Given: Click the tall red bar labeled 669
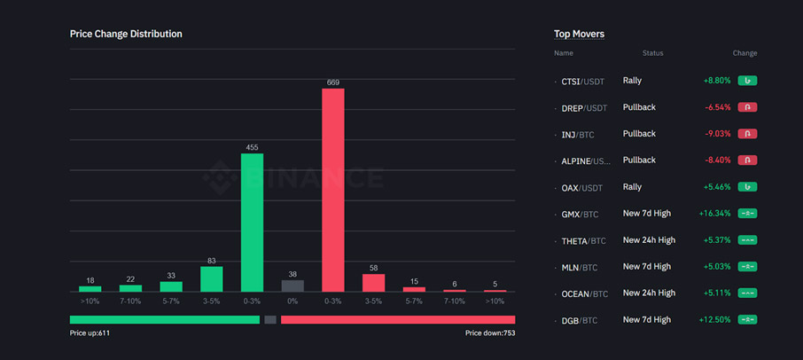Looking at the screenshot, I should click(333, 190).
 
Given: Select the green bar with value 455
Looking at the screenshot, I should click(253, 223).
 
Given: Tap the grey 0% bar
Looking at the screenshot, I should click(292, 286).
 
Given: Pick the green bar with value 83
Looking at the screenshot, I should click(212, 279).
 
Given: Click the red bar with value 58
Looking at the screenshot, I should click(374, 283).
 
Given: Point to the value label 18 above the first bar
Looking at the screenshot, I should click(90, 280).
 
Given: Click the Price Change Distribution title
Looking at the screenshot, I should click(126, 34).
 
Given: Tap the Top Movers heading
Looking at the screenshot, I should click(579, 34).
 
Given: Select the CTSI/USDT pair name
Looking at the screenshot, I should click(582, 81).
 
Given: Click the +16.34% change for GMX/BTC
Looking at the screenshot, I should click(714, 214).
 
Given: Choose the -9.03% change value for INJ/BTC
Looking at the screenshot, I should click(717, 134).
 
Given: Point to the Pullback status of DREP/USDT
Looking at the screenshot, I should click(639, 107).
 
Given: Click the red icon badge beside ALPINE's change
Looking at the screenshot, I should click(747, 160).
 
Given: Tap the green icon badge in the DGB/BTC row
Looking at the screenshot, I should click(747, 319).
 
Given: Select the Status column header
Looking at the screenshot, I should click(652, 53).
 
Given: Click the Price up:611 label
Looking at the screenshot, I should click(90, 333).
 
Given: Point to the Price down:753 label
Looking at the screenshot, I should click(490, 333).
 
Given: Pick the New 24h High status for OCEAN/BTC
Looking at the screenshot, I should click(649, 293).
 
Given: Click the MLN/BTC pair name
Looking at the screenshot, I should click(579, 267).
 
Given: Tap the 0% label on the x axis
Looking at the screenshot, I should click(292, 301).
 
